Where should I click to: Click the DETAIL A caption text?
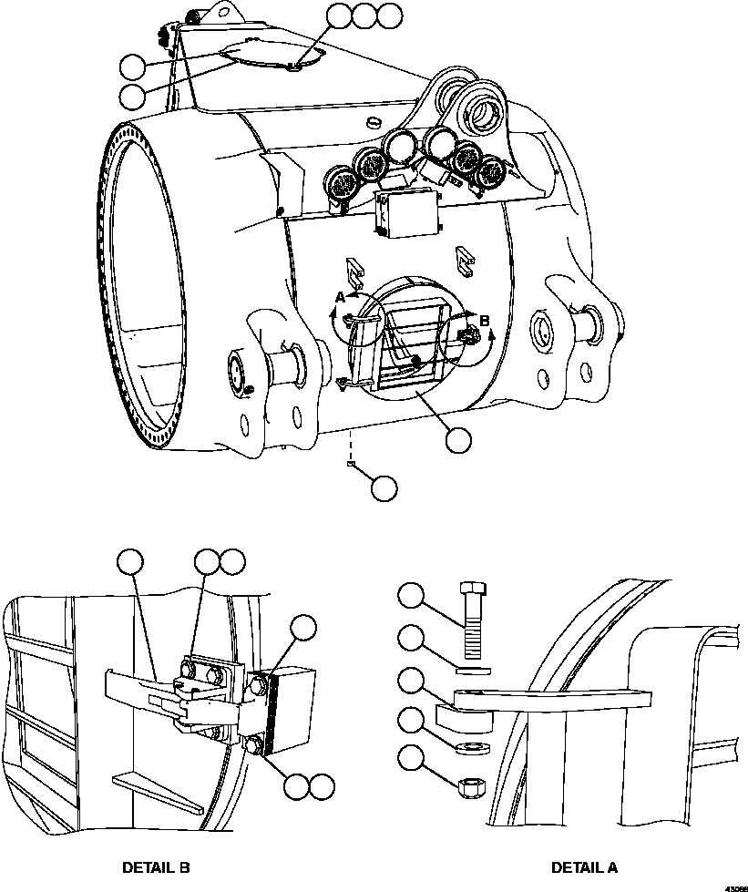click(x=584, y=867)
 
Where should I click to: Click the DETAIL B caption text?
click(x=156, y=867)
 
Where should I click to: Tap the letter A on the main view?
click(x=340, y=297)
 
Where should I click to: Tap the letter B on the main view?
click(x=484, y=321)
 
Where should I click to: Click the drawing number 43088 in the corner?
click(x=736, y=887)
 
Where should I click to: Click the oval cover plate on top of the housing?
click(x=271, y=56)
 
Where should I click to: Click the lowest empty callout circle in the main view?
click(x=384, y=488)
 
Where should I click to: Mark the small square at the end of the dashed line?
click(x=351, y=464)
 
